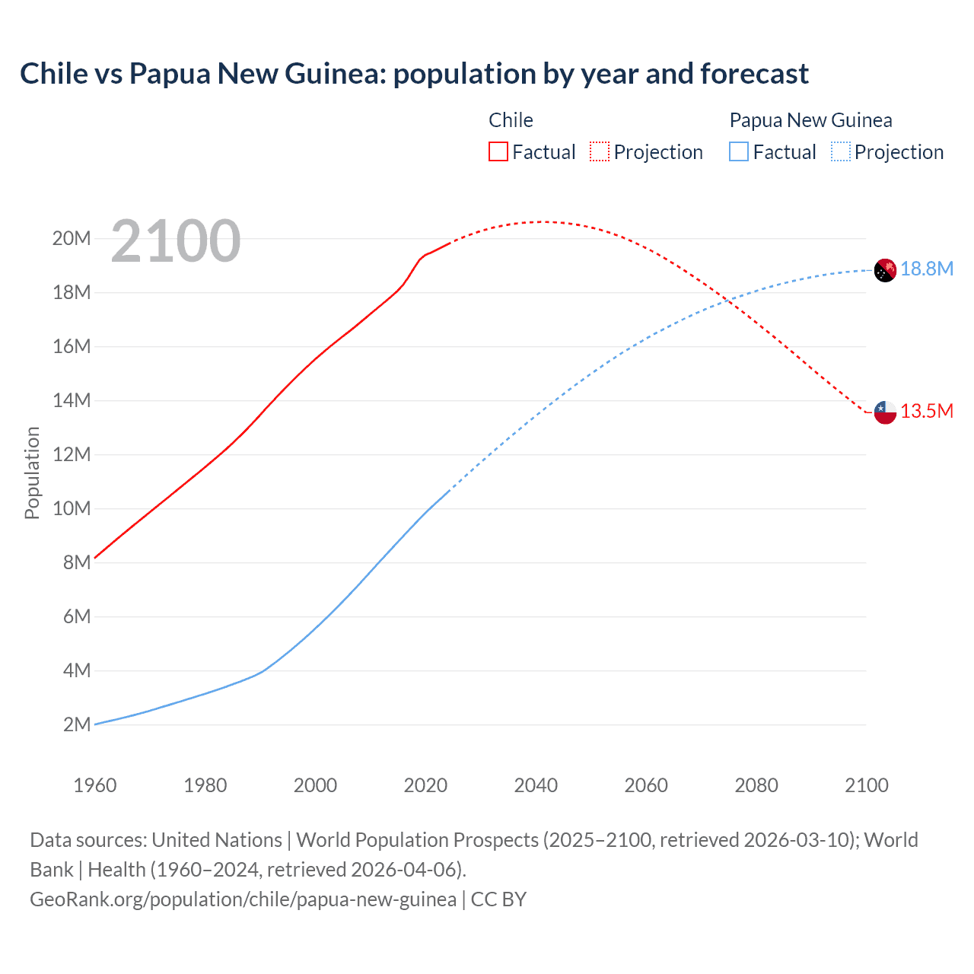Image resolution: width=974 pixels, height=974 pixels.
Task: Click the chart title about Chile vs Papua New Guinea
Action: coord(414,74)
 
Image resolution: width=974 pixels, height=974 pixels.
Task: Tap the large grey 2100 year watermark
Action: coord(176,241)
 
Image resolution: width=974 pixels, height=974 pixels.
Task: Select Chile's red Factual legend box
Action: coord(498,151)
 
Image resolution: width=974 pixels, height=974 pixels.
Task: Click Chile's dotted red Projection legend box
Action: coord(600,151)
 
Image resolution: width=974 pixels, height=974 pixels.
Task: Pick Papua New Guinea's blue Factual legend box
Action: coord(739,151)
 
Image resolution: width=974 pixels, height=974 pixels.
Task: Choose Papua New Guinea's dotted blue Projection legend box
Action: coord(841,151)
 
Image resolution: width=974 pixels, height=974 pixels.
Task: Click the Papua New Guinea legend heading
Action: coord(810,120)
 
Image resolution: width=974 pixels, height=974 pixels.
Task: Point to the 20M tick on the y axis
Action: coord(72,239)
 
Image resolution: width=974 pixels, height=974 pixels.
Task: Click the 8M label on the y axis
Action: coord(77,562)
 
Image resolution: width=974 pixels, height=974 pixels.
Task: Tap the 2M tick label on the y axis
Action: coord(77,724)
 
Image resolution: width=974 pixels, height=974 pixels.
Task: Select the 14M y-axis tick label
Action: coord(72,400)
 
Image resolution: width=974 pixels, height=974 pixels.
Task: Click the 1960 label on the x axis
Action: coord(95,785)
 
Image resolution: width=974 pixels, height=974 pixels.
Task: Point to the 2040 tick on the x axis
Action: coord(536,785)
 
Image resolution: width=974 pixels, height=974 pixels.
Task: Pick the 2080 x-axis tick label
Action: coord(756,785)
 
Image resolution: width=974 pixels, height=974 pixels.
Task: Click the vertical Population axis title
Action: coord(32,473)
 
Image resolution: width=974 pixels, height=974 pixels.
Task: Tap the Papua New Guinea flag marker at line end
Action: coord(885,270)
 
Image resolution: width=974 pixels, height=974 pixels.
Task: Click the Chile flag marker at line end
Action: coord(885,412)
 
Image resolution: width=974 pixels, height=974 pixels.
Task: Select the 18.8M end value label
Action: coord(927,269)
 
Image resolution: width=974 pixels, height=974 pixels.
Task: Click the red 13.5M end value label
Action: coord(927,412)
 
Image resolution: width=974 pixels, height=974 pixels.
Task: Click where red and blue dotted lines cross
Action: coord(729,301)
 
